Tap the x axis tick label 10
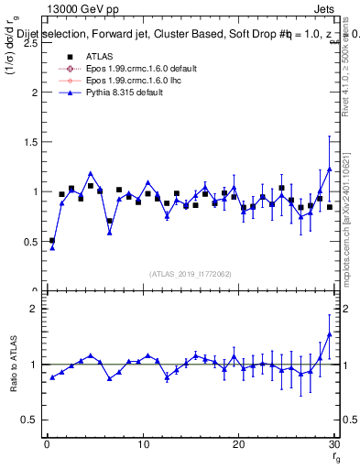tap(143, 446)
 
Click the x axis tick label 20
tap(238, 446)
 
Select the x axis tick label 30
tap(333, 446)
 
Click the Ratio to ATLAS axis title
tap(12, 365)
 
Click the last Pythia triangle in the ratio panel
tap(329, 333)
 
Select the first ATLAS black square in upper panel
tap(52, 240)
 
